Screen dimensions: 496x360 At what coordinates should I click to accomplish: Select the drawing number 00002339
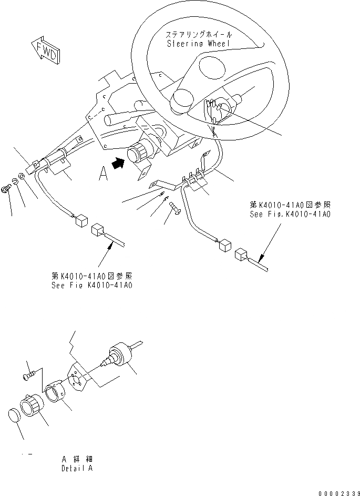tap(337, 492)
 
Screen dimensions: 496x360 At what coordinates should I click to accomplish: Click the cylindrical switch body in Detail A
tap(119, 355)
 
